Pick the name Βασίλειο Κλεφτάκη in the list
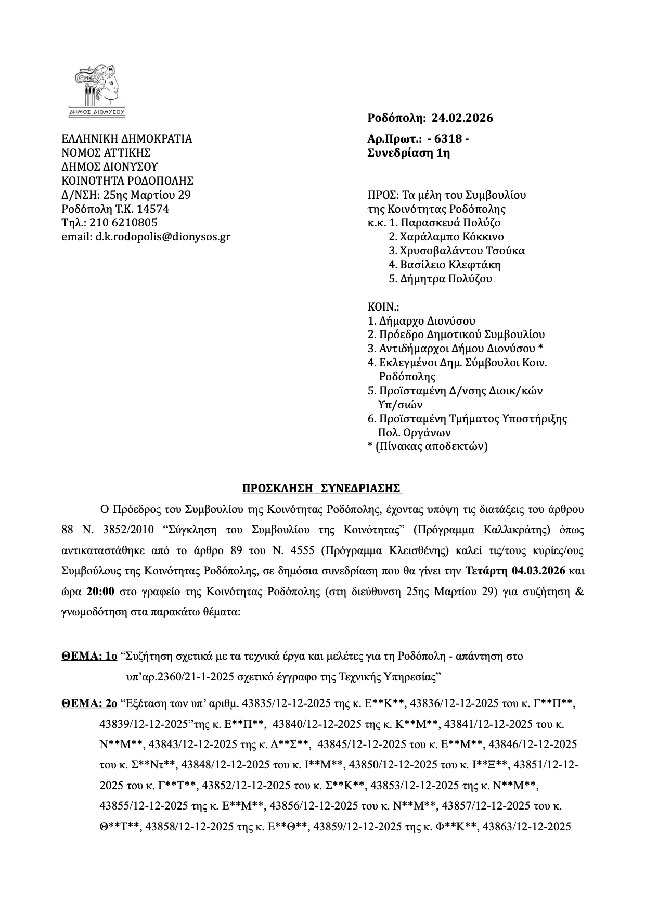coord(445,264)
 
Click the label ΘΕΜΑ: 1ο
coord(89,656)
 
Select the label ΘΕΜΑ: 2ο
coord(89,704)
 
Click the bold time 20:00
coord(97,592)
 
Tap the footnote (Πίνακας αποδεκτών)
coord(431,446)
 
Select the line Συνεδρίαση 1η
coord(408,153)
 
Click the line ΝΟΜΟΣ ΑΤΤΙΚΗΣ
coord(106,153)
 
